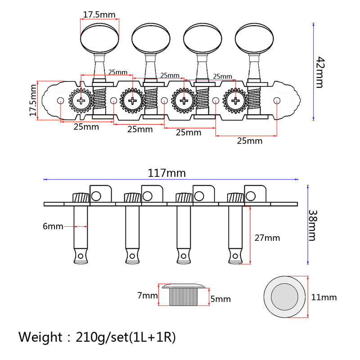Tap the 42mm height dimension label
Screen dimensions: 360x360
(x=320, y=72)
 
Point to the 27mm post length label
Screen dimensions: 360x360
(x=266, y=238)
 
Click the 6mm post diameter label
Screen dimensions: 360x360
(x=53, y=226)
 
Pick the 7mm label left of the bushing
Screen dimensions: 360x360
(x=148, y=296)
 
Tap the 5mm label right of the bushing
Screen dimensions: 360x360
(x=220, y=299)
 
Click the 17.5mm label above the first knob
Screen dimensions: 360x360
(x=99, y=15)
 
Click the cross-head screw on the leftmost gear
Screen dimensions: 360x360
(x=81, y=101)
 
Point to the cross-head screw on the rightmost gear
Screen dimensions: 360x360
(x=235, y=101)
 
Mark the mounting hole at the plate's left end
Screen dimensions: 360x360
(x=60, y=101)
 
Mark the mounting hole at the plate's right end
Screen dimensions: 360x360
(x=277, y=100)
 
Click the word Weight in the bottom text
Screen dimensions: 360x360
(x=40, y=337)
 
